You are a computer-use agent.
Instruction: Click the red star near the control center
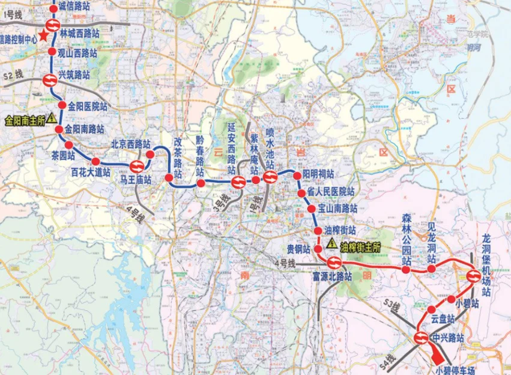[x=43, y=37]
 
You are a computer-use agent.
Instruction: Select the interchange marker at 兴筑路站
[x=49, y=78]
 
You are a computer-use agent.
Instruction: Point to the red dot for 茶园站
[x=68, y=145]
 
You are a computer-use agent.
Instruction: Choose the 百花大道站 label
[x=91, y=172]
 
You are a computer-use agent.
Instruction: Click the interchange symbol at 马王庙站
[x=136, y=165]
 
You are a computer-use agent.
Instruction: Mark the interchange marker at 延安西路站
[x=238, y=181]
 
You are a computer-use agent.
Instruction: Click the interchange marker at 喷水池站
[x=269, y=177]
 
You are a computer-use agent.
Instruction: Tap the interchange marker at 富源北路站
[x=334, y=262]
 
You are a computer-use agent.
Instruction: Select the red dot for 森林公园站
[x=407, y=270]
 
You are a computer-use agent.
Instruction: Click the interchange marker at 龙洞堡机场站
[x=474, y=276]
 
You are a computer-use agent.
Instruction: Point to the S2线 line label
[x=13, y=75]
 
